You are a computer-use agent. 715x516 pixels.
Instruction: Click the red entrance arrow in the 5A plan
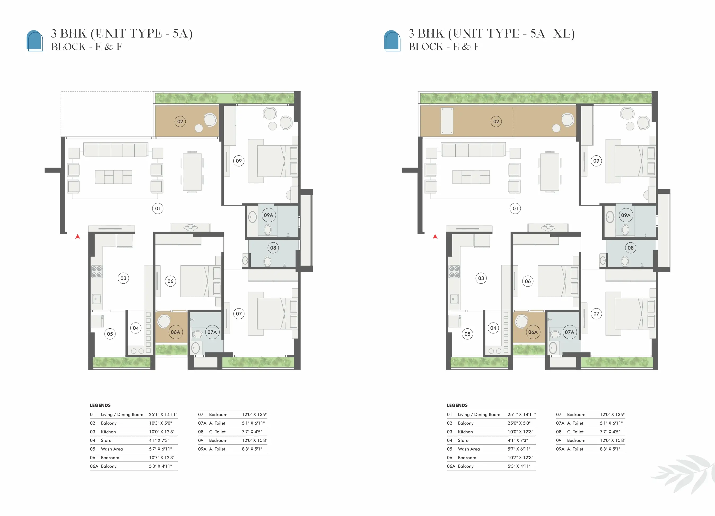click(x=78, y=236)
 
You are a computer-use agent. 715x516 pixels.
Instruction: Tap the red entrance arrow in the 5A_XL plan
click(x=435, y=236)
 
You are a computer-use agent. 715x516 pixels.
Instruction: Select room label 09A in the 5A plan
click(x=268, y=215)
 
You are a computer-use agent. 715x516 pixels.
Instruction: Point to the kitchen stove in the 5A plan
click(x=96, y=271)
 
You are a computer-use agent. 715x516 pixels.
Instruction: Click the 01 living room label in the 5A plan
click(x=158, y=208)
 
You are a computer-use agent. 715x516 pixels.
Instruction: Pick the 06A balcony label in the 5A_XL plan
click(x=533, y=332)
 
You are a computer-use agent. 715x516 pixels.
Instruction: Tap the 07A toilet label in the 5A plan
click(x=212, y=332)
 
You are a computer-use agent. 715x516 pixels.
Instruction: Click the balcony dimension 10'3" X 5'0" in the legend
click(x=160, y=423)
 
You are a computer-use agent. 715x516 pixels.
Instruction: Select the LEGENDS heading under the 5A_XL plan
click(x=457, y=405)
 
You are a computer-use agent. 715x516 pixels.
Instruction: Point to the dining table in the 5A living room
click(x=192, y=172)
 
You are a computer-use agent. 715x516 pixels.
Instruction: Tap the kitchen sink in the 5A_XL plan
click(x=454, y=299)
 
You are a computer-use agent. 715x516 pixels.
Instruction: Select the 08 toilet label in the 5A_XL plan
click(x=631, y=248)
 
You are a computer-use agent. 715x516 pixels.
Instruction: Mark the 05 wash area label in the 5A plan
click(x=110, y=334)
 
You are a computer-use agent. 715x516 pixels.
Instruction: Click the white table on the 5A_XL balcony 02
click(x=447, y=121)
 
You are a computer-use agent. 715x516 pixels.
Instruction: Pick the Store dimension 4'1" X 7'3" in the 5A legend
click(x=159, y=440)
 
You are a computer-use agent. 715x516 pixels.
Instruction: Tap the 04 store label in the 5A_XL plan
click(x=493, y=328)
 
